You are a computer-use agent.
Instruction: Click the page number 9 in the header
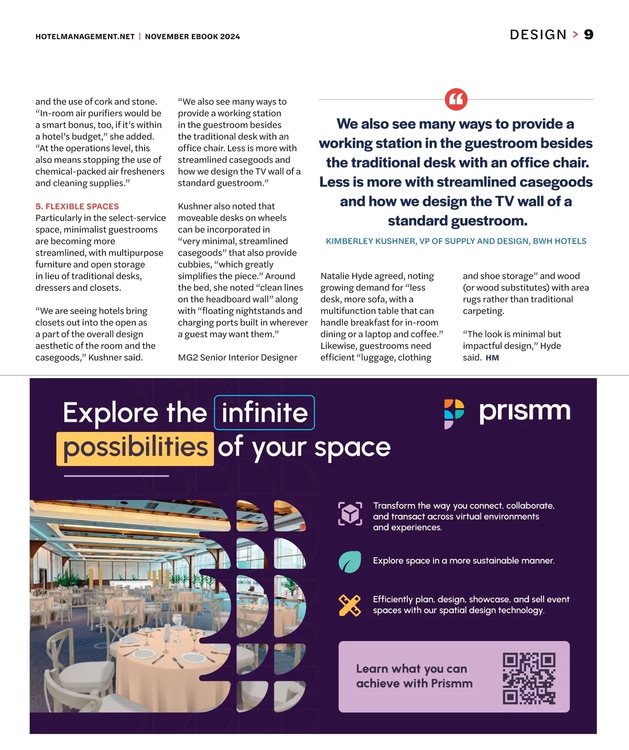pos(589,35)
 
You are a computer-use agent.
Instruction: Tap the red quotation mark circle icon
pos(456,99)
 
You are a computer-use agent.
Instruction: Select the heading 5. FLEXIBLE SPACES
pos(77,206)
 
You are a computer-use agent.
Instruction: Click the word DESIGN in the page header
pos(538,35)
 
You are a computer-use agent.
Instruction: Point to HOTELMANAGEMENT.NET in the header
pos(85,37)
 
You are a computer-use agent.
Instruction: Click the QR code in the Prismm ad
pos(529,679)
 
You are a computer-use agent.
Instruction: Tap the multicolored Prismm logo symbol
pos(454,414)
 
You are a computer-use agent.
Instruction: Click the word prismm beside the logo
pos(525,412)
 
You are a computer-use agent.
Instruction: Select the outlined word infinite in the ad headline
pos(265,412)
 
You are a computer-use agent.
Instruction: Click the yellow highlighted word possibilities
pos(135,449)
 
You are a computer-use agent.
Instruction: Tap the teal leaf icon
pos(350,561)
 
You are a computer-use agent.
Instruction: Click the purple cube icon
pos(350,514)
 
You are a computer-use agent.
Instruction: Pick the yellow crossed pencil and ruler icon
pos(350,605)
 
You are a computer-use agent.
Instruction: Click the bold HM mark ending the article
pos(492,358)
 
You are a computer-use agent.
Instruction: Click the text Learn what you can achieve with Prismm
pos(414,676)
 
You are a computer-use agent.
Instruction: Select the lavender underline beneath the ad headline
pos(116,476)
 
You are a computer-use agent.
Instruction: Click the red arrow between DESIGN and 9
pos(575,35)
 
